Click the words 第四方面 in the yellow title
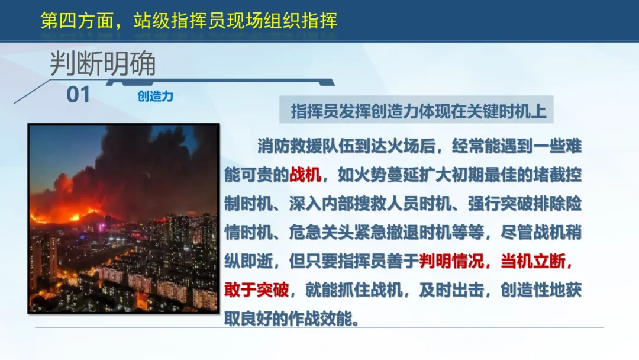76,21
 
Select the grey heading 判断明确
103,63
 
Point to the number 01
78,95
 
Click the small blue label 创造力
155,97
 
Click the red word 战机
305,175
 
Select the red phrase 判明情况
451,261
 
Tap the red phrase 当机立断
532,261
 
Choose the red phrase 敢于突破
256,290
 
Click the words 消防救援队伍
306,146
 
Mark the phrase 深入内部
321,204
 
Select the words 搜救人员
387,204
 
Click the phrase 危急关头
321,232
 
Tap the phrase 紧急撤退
387,232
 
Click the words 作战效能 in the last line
321,319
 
